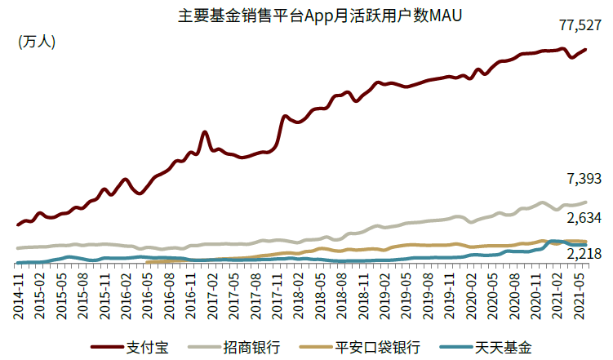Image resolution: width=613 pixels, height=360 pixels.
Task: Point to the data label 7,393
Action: (584, 180)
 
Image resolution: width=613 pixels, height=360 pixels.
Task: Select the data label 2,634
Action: (584, 218)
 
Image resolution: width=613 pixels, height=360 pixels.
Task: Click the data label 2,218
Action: (584, 255)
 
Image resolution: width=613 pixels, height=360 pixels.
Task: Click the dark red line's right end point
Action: (586, 50)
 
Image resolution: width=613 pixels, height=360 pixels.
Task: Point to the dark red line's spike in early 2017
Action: (204, 132)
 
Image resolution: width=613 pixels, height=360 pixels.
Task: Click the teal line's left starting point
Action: (19, 263)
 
